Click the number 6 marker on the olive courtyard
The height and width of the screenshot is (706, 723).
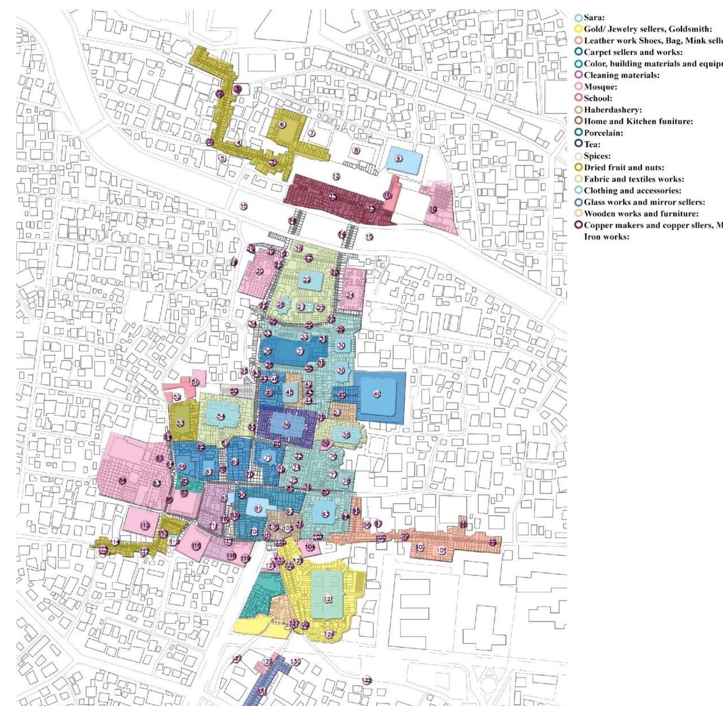pyautogui.click(x=281, y=124)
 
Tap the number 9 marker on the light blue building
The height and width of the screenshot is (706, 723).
pyautogui.click(x=398, y=158)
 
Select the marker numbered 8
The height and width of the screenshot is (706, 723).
pyautogui.click(x=357, y=150)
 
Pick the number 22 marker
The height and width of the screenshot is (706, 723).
pyautogui.click(x=307, y=280)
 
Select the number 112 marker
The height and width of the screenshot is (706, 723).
pyautogui.click(x=146, y=525)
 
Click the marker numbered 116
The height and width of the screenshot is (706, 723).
pyautogui.click(x=196, y=545)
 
